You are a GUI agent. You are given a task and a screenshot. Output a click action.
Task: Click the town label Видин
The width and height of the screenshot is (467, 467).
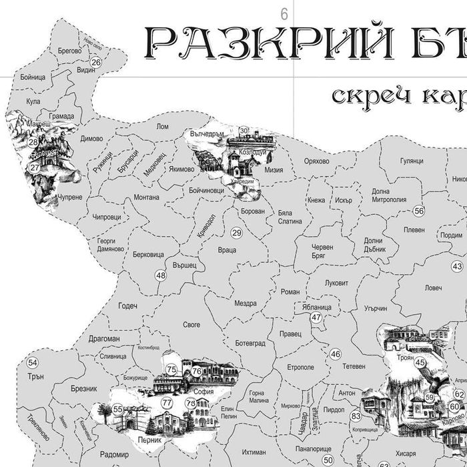85,69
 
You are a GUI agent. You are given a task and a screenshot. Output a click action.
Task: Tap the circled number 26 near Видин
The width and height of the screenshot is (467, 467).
96,62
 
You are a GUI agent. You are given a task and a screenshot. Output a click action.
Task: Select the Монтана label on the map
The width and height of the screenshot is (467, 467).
146,197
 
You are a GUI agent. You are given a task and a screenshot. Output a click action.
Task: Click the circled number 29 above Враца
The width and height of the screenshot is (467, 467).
237,233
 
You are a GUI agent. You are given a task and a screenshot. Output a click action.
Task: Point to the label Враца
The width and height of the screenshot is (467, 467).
227,250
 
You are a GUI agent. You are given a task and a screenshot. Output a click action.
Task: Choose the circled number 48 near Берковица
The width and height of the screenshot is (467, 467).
161,275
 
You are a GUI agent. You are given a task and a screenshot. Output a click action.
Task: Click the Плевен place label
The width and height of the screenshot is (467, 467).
414,230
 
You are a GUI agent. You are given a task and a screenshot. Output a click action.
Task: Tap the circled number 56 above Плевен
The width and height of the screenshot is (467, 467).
419,211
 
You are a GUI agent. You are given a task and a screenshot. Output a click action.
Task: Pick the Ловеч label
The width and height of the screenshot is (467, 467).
433,288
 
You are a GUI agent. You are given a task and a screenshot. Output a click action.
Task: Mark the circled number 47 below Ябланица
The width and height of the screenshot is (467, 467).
316,318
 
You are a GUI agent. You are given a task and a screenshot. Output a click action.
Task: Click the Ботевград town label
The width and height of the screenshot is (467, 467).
250,343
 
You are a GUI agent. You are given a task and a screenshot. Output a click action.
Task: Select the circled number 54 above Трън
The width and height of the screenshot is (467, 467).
33,363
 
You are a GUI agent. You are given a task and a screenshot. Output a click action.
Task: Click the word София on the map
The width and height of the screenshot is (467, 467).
203,392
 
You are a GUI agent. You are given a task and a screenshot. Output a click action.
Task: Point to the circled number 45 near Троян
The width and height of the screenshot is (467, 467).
420,363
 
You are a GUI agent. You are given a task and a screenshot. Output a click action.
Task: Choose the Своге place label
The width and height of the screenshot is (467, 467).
191,325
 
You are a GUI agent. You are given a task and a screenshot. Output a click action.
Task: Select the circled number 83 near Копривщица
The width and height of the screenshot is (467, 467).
356,416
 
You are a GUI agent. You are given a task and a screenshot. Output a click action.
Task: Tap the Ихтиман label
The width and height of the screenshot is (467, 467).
254,452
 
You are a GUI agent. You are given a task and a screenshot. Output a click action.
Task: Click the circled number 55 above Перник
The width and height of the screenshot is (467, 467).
117,409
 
